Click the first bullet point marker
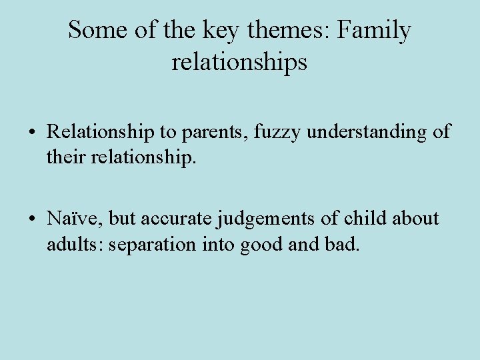33,133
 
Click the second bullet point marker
33,219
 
